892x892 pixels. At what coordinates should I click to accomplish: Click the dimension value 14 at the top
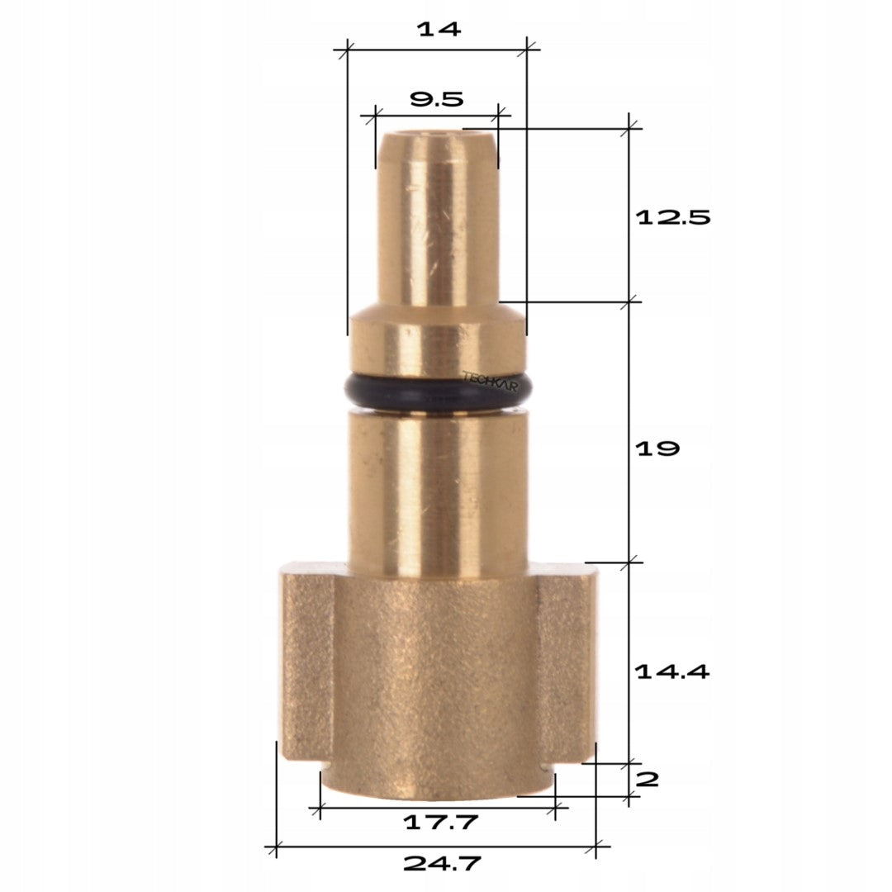point(438,29)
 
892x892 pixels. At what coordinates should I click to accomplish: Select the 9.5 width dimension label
point(436,100)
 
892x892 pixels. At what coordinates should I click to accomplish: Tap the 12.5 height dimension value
point(673,216)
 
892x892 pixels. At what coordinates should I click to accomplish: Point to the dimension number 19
point(657,448)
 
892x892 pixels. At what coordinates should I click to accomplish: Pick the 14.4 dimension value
point(671,671)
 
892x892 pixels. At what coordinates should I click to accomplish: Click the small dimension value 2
point(647,779)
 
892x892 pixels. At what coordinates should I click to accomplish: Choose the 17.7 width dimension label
point(440,822)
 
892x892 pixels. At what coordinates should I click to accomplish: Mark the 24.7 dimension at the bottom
point(442,864)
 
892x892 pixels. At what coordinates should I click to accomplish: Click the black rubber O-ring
point(439,392)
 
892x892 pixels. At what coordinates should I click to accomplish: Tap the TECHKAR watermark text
point(490,381)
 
